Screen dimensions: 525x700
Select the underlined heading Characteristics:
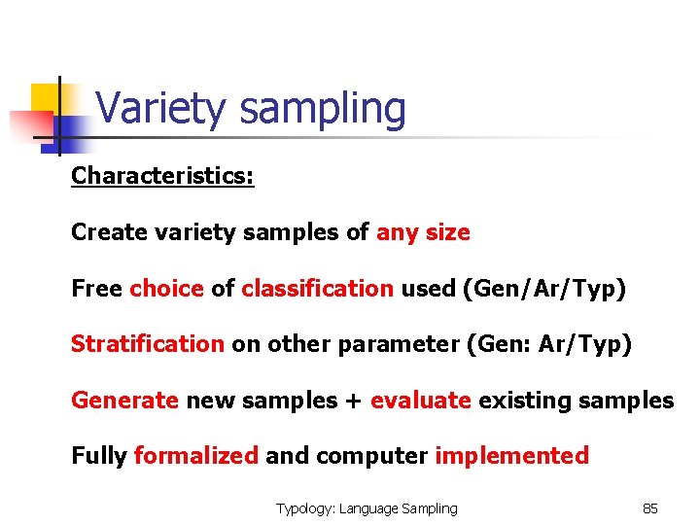(162, 177)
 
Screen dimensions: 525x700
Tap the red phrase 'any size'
(423, 233)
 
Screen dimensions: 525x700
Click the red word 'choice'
(166, 289)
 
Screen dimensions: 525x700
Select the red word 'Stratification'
(147, 344)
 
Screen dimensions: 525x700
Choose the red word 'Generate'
(124, 400)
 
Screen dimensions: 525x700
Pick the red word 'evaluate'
(421, 400)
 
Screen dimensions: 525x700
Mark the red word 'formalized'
(195, 456)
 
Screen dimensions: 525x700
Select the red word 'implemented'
(511, 456)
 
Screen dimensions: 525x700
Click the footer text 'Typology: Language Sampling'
(367, 508)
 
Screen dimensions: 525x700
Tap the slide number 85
(650, 508)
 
